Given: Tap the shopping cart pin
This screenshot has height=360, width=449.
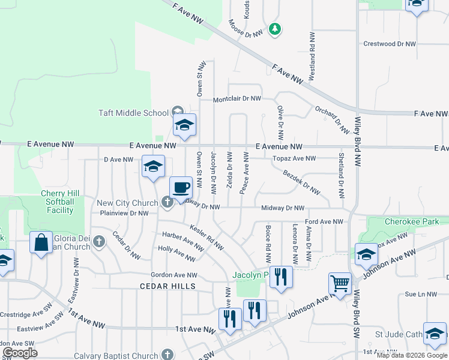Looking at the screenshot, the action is pyautogui.click(x=340, y=283).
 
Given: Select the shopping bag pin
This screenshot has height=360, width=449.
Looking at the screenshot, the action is pyautogui.click(x=41, y=244).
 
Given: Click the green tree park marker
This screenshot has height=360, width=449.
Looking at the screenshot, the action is pyautogui.click(x=275, y=28).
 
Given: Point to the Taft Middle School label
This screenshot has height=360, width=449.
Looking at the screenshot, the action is pyautogui.click(x=133, y=113).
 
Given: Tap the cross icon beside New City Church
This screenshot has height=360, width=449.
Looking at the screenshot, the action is pyautogui.click(x=167, y=202).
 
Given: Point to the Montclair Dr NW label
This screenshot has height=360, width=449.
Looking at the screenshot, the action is pyautogui.click(x=237, y=98).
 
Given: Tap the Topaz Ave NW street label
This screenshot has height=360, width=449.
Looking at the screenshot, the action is pyautogui.click(x=294, y=158).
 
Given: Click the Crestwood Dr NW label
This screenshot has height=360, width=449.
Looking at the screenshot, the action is pyautogui.click(x=390, y=44).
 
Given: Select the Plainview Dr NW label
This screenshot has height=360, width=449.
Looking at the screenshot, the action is pyautogui.click(x=123, y=213).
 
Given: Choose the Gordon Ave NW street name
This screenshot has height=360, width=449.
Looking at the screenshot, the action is pyautogui.click(x=173, y=274).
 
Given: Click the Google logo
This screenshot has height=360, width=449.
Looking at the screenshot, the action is pyautogui.click(x=20, y=353).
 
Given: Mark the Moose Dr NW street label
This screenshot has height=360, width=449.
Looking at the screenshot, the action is pyautogui.click(x=246, y=29).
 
